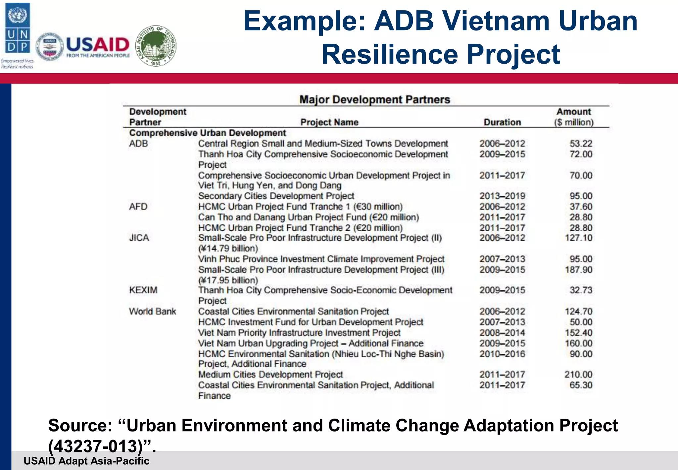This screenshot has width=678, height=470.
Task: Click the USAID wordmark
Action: click(x=98, y=45)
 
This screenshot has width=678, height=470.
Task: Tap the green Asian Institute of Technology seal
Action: click(x=156, y=46)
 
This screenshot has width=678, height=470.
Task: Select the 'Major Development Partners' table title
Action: click(x=374, y=99)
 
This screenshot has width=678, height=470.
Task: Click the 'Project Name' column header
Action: click(x=329, y=122)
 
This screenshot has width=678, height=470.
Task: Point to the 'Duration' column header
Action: click(x=502, y=122)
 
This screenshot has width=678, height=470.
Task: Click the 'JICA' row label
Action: click(x=139, y=238)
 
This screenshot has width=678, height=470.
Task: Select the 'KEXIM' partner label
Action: click(x=143, y=290)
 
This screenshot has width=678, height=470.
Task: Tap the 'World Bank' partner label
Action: click(x=152, y=311)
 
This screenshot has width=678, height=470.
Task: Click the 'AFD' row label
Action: click(x=138, y=206)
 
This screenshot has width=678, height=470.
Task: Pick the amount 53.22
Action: click(x=581, y=144)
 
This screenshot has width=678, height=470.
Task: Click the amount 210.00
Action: click(x=578, y=374)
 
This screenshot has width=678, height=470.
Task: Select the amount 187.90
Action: click(x=578, y=269)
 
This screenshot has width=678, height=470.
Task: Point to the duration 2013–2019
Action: click(x=502, y=196)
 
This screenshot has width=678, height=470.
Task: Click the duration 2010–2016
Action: click(x=502, y=354)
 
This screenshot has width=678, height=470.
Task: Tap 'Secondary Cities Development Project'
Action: click(x=276, y=196)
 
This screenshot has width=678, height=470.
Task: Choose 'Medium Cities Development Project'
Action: click(x=270, y=374)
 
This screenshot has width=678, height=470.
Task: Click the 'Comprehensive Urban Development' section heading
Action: click(x=208, y=133)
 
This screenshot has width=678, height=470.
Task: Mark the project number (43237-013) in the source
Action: click(x=96, y=446)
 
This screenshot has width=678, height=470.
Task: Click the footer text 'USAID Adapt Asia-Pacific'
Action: click(x=86, y=461)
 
